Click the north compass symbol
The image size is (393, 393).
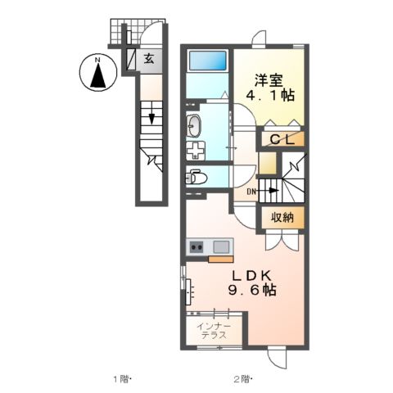pyautogui.click(x=97, y=75)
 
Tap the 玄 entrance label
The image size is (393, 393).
pyautogui.click(x=150, y=58)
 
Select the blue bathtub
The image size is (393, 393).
pyautogui.click(x=208, y=61)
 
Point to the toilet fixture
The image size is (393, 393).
pyautogui.click(x=196, y=174)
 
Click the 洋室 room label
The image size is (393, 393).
pyautogui.click(x=271, y=80)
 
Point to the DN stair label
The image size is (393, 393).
pyautogui.click(x=253, y=192)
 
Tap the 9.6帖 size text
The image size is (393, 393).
pyautogui.click(x=251, y=291)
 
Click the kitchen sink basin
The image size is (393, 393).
pyautogui.click(x=221, y=246)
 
